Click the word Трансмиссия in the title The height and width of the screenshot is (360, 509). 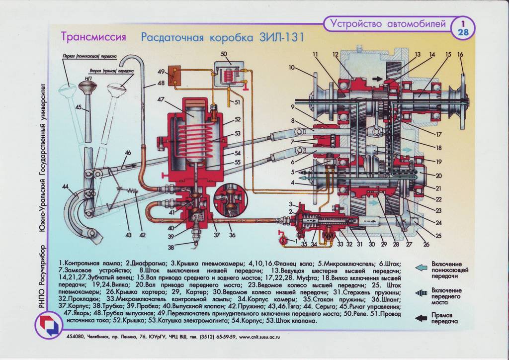(93, 37)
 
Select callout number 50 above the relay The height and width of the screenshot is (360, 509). (224, 54)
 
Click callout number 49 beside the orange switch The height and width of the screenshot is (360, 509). (161, 72)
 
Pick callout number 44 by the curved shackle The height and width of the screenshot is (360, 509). (66, 186)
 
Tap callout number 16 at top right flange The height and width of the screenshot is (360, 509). (460, 54)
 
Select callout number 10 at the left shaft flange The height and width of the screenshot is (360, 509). (291, 67)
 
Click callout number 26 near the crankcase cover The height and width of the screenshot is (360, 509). (426, 244)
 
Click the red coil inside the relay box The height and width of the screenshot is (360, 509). (229, 76)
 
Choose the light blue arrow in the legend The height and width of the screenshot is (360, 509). (421, 268)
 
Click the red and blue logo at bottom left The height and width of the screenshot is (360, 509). (48, 325)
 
